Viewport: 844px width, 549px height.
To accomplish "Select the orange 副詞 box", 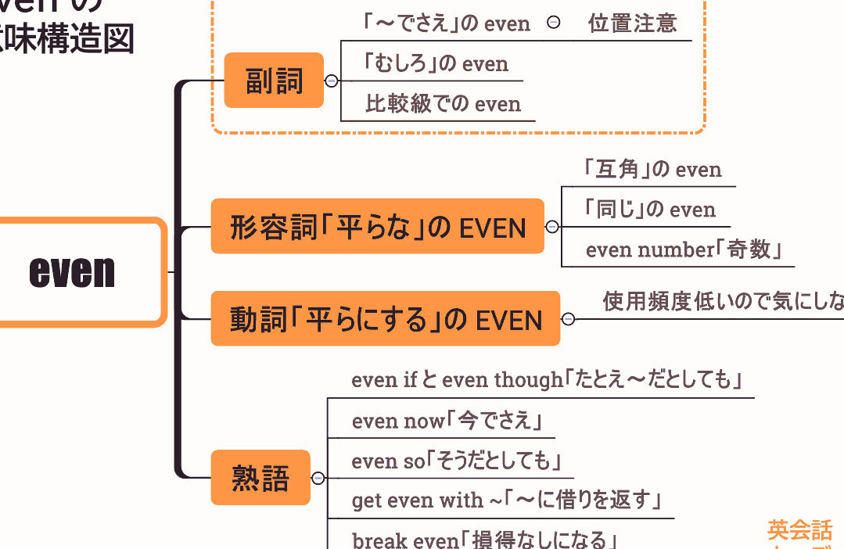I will coord(274,81).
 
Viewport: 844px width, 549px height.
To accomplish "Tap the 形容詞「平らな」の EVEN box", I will coord(377,227).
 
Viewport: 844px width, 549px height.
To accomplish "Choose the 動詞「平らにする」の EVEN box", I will coord(385,319).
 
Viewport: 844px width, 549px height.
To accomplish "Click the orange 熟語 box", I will coord(260,478).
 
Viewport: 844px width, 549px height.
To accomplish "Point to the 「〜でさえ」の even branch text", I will coord(447,23).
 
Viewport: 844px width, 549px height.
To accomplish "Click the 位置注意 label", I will coord(632,23).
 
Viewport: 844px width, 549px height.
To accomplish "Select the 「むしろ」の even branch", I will coord(435,63).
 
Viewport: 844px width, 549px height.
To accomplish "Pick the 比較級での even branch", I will coord(442,104).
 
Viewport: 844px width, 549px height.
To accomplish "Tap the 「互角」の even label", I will coord(652,169).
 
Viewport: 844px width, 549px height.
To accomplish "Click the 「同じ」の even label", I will coord(648,210).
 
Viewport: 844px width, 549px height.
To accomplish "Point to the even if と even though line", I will coord(546,380).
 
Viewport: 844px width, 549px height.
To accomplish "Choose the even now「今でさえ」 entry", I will coord(447,421).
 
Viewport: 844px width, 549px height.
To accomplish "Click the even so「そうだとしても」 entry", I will coord(457,461).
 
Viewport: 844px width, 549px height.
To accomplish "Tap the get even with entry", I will coord(507,500).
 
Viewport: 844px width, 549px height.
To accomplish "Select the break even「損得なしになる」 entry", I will coord(485,540).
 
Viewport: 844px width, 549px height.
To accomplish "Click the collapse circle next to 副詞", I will coord(332,81).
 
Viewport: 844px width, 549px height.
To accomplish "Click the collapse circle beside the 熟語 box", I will coord(318,479).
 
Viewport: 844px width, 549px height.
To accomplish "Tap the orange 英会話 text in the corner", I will coord(799,531).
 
